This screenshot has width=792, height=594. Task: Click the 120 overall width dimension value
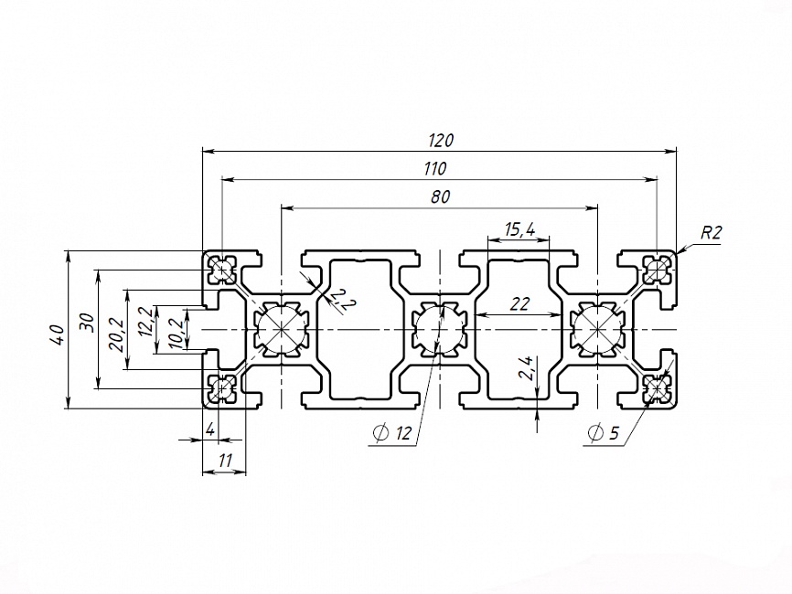(x=441, y=141)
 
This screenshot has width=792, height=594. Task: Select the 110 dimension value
(x=435, y=168)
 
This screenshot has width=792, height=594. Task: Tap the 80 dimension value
(x=440, y=196)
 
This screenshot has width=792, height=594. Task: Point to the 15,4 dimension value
(x=519, y=229)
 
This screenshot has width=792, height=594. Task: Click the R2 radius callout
(x=711, y=233)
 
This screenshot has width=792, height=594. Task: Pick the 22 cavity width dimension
(x=519, y=304)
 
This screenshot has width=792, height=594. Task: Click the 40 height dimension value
(x=56, y=332)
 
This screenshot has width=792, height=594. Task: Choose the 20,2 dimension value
(x=116, y=330)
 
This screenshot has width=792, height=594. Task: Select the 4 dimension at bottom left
(x=210, y=430)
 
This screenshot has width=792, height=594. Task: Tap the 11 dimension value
(x=225, y=461)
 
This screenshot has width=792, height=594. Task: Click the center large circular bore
(x=440, y=329)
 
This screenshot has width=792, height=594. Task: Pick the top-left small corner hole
(x=221, y=269)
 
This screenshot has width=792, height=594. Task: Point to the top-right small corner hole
(x=657, y=269)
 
